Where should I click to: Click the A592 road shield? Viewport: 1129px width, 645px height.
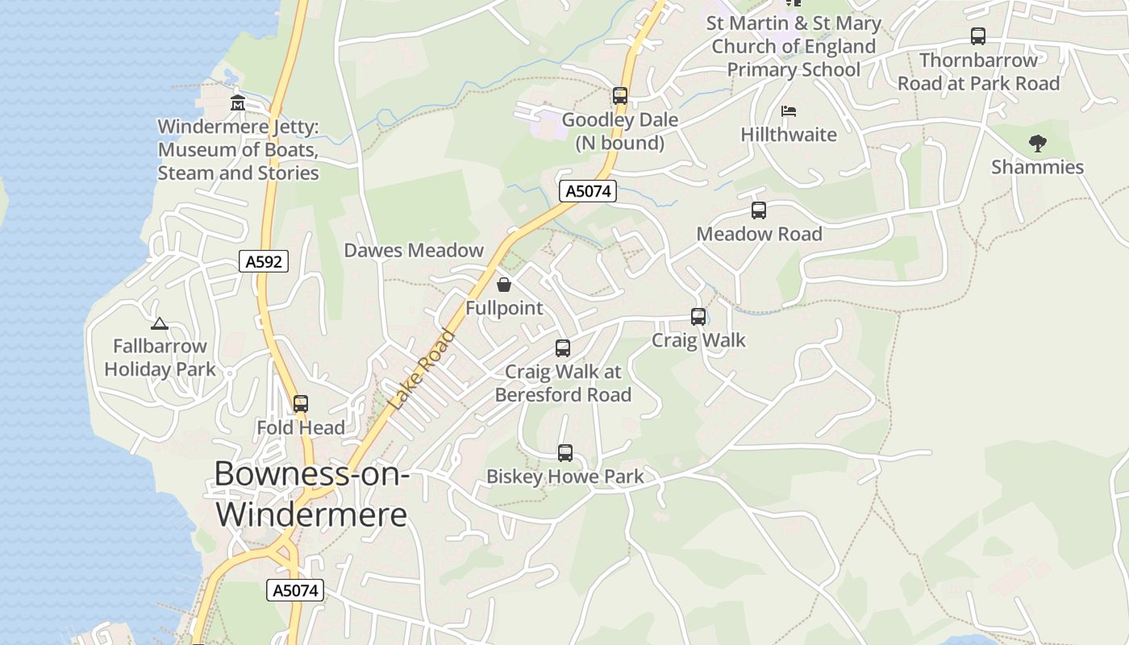264,261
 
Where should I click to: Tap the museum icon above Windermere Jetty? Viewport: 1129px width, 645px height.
238,103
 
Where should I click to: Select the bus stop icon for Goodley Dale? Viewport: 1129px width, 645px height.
619,96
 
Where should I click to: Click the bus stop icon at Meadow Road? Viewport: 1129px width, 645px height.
759,210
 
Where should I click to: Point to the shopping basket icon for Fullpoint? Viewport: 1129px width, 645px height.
504,285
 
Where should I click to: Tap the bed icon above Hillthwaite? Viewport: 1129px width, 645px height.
789,110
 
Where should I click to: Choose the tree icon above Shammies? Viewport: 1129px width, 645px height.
1038,144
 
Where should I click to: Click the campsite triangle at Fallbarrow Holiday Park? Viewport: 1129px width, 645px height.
160,324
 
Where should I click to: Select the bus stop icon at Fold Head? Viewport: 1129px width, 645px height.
301,404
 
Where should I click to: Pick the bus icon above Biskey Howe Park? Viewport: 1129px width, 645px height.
565,453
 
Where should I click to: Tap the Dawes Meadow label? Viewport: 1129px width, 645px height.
414,250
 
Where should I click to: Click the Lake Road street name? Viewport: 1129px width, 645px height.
422,370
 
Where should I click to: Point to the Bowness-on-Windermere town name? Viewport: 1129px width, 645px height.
312,493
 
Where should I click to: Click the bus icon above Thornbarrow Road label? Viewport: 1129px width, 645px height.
978,36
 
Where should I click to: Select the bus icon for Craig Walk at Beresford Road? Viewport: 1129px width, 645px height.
563,348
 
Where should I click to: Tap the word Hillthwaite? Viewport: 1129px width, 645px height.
789,135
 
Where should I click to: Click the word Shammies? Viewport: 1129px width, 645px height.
1037,167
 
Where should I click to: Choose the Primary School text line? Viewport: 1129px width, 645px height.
794,69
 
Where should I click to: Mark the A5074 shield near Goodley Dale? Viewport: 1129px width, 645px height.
588,191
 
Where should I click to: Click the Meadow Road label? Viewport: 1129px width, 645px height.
759,234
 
